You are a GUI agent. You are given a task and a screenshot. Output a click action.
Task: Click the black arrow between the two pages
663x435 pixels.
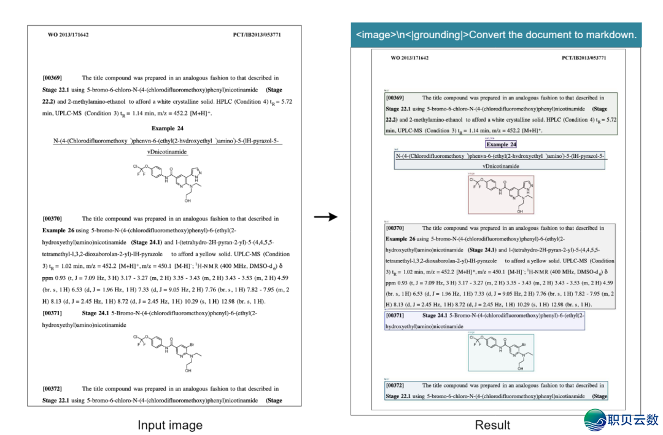click(325, 216)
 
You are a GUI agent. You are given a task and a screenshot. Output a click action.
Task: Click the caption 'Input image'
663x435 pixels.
click(170, 425)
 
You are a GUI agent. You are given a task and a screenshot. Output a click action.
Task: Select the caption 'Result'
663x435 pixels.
click(492, 425)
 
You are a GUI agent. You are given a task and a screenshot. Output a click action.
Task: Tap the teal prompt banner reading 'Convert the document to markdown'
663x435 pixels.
click(496, 35)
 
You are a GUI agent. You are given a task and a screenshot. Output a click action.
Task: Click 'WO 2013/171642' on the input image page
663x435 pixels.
click(68, 35)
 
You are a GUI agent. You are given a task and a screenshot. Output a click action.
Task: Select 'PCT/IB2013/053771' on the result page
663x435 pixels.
click(584, 58)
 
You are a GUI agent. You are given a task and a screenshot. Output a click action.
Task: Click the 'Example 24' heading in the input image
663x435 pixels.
click(168, 128)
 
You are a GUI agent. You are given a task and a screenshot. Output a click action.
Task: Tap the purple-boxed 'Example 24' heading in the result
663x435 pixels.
click(501, 144)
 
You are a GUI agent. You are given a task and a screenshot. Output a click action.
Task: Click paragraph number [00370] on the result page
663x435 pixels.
click(395, 228)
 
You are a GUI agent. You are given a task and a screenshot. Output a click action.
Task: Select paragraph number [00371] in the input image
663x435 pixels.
click(52, 313)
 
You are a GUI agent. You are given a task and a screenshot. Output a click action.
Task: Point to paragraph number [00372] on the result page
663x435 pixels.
click(395, 385)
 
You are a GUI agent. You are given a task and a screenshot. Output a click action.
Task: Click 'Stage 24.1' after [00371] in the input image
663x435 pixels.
click(95, 313)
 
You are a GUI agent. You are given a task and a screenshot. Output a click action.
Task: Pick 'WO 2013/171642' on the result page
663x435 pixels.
click(409, 58)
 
